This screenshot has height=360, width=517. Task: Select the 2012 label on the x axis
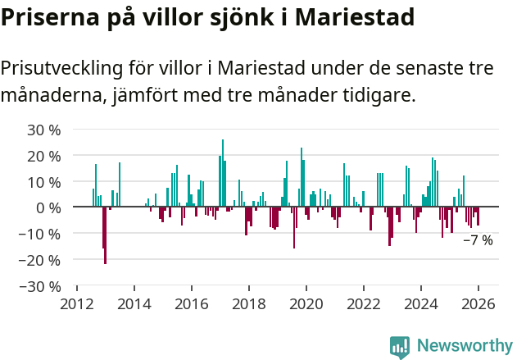(77, 303)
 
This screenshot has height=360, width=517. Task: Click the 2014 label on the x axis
(134, 303)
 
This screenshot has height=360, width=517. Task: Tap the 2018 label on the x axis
(249, 303)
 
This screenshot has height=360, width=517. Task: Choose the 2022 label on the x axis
(364, 303)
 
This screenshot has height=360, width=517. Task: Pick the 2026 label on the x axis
(478, 303)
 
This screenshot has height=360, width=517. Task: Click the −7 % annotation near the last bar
(478, 240)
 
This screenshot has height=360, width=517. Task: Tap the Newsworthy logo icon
(400, 347)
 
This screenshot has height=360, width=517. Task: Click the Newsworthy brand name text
(464, 347)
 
